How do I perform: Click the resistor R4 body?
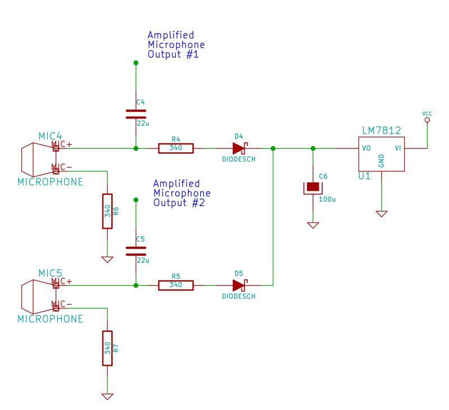pyautogui.click(x=176, y=148)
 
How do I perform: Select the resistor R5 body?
pyautogui.click(x=176, y=285)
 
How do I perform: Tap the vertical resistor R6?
pyautogui.click(x=107, y=211)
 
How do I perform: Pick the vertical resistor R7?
pyautogui.click(x=107, y=348)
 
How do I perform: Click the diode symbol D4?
pyautogui.click(x=240, y=148)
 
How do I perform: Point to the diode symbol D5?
pyautogui.click(x=240, y=285)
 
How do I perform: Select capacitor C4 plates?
pyautogui.click(x=135, y=114)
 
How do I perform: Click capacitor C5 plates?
pyautogui.click(x=135, y=250)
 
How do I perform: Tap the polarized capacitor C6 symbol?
pyautogui.click(x=313, y=187)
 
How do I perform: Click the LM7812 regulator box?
pyautogui.click(x=381, y=154)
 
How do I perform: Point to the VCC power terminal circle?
pyautogui.click(x=427, y=120)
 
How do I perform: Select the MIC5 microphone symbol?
pyautogui.click(x=37, y=296)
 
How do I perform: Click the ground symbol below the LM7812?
pyautogui.click(x=381, y=214)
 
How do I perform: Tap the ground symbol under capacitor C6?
pyautogui.click(x=313, y=225)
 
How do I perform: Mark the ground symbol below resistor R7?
pyautogui.click(x=107, y=396)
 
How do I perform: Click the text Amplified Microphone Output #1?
pyautogui.click(x=176, y=45)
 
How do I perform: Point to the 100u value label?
pyautogui.click(x=327, y=199)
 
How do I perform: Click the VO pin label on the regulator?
pyautogui.click(x=365, y=149)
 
